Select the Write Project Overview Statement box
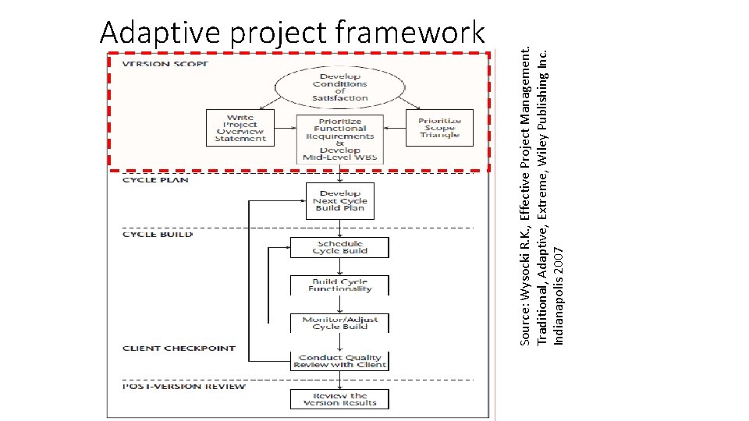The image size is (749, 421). pyautogui.click(x=240, y=128)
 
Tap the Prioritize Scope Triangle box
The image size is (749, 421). pyautogui.click(x=439, y=128)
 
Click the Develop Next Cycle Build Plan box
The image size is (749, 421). pyautogui.click(x=339, y=201)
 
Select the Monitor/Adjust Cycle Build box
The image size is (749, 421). pyautogui.click(x=339, y=323)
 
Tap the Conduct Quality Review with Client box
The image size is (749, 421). pyautogui.click(x=339, y=362)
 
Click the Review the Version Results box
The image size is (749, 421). pyautogui.click(x=339, y=399)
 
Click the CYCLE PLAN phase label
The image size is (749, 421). pyautogui.click(x=155, y=180)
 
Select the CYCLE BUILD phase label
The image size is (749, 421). pyautogui.click(x=157, y=234)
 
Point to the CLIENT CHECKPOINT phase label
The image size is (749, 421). pyautogui.click(x=179, y=348)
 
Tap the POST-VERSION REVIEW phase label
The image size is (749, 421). pyautogui.click(x=184, y=387)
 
